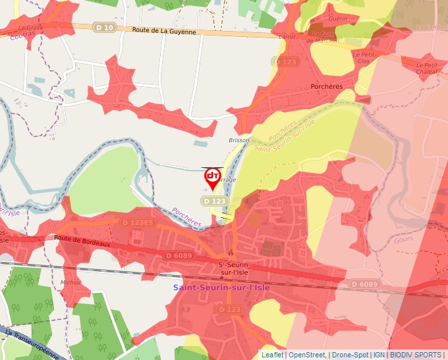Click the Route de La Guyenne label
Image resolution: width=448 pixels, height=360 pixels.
164,31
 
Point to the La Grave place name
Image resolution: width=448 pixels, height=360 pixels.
31,28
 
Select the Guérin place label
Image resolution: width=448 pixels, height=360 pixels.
337,19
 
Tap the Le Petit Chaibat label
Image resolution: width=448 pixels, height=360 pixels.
428,68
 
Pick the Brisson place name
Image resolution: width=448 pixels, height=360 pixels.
239,140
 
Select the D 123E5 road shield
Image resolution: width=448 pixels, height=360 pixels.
137,222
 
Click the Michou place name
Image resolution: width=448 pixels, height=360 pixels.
70,282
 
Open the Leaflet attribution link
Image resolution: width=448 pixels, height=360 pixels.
272,355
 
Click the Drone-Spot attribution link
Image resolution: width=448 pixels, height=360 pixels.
350,355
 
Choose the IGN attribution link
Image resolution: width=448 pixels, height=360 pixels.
379,355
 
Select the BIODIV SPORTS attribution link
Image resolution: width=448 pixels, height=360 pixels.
416,355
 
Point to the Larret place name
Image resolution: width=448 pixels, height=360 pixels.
287,38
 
